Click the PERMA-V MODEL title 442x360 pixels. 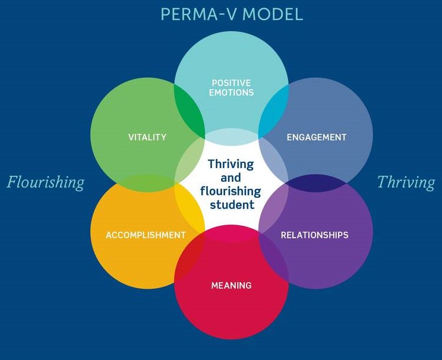232,14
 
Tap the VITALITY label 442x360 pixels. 147,137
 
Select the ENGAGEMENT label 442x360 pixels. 316,137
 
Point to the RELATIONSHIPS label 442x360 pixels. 314,235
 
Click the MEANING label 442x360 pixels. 231,286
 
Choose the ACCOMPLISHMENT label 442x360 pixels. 146,235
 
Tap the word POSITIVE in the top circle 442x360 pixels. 231,83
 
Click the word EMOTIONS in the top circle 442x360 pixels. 231,93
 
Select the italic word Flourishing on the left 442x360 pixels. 46,182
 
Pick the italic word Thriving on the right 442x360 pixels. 406,182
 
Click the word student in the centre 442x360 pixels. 232,205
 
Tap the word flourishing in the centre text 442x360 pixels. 231,191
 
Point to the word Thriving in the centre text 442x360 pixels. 231,164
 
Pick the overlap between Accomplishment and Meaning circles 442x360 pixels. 190,259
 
